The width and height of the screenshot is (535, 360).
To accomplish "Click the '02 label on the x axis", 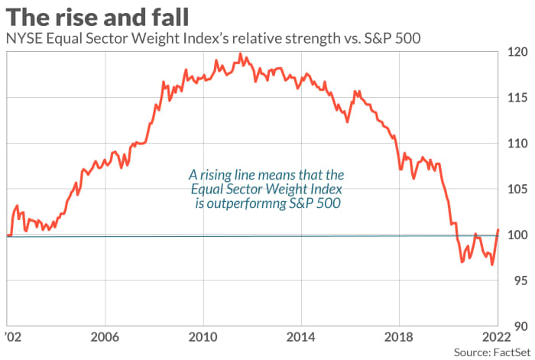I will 11,337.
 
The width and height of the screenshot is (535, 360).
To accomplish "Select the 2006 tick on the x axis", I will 104,337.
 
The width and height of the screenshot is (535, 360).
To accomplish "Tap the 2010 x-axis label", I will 203,337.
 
